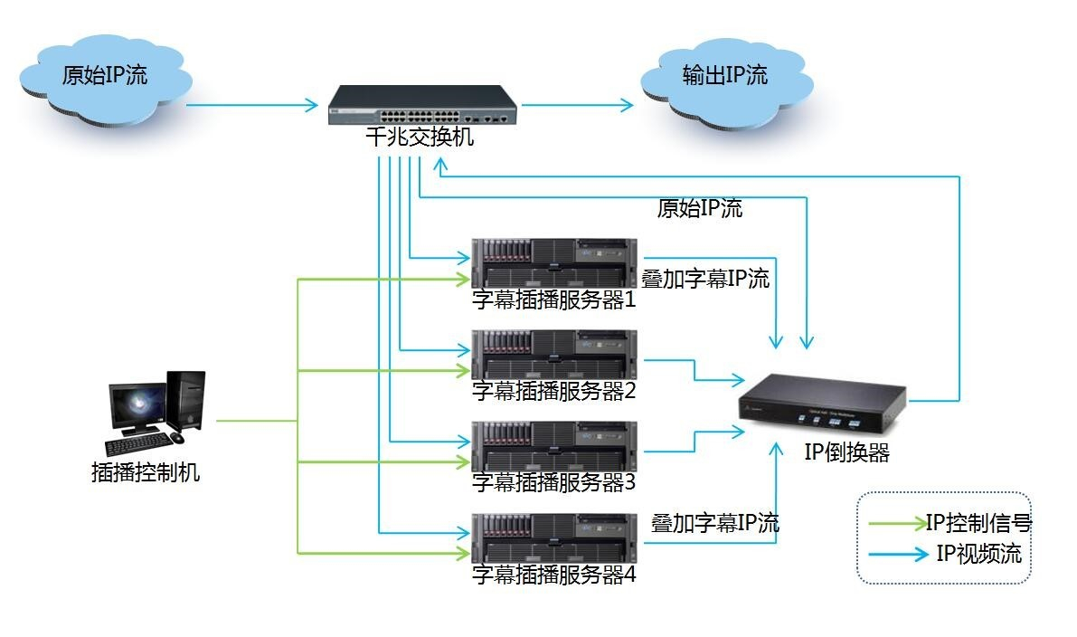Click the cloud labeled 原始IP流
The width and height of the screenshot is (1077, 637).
(x=104, y=79)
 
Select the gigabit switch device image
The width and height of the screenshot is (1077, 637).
(x=420, y=106)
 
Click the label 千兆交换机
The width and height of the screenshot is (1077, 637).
(x=420, y=138)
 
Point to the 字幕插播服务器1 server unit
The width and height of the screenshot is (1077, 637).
(x=553, y=261)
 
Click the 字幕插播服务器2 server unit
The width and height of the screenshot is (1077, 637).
(x=553, y=354)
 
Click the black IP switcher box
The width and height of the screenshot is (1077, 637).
(x=821, y=405)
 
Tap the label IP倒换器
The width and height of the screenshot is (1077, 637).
(x=846, y=453)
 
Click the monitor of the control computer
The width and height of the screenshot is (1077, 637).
(x=137, y=407)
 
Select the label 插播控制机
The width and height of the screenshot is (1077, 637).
(x=146, y=472)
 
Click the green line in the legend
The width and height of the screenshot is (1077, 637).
(x=895, y=523)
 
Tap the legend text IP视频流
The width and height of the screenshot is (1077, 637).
(x=979, y=553)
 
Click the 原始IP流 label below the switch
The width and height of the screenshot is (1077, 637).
(x=699, y=208)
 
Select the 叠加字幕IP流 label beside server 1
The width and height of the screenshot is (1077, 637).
(x=705, y=279)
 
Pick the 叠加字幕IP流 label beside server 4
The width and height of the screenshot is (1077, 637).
(x=714, y=523)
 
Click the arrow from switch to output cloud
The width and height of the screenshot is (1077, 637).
(x=579, y=106)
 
